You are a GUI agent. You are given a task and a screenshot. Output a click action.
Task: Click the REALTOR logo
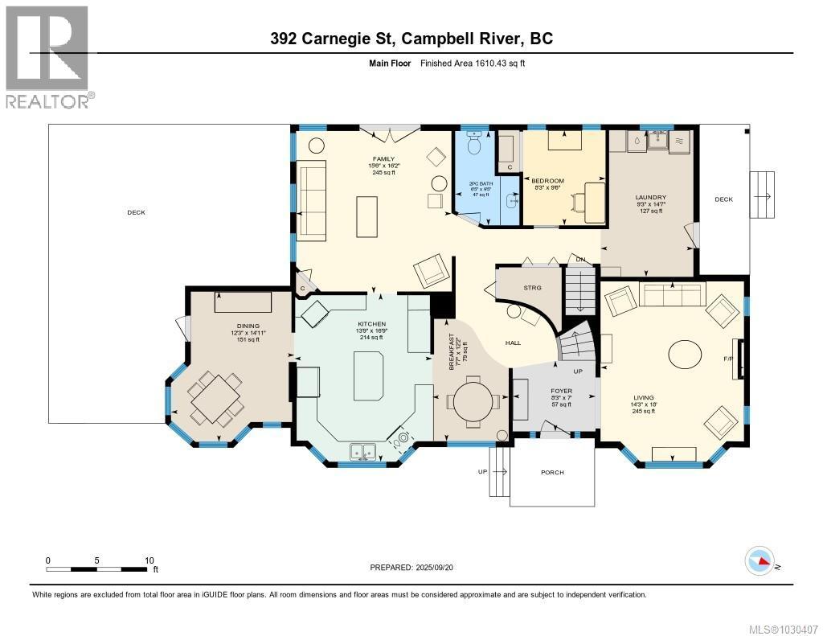coord(48,56)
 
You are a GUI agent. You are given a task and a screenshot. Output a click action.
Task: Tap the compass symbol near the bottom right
coord(760,560)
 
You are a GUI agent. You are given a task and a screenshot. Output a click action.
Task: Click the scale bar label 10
coord(149,560)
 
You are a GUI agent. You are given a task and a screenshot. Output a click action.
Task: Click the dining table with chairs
coord(215,396)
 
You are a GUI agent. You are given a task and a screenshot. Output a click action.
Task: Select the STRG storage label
coord(532,287)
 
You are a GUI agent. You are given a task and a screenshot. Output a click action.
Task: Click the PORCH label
coord(552,472)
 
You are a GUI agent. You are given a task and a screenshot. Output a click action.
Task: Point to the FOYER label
coord(562,390)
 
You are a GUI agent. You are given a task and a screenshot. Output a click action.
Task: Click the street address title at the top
coord(411,38)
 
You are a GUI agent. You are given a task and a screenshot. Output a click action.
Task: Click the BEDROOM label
coord(548,181)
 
